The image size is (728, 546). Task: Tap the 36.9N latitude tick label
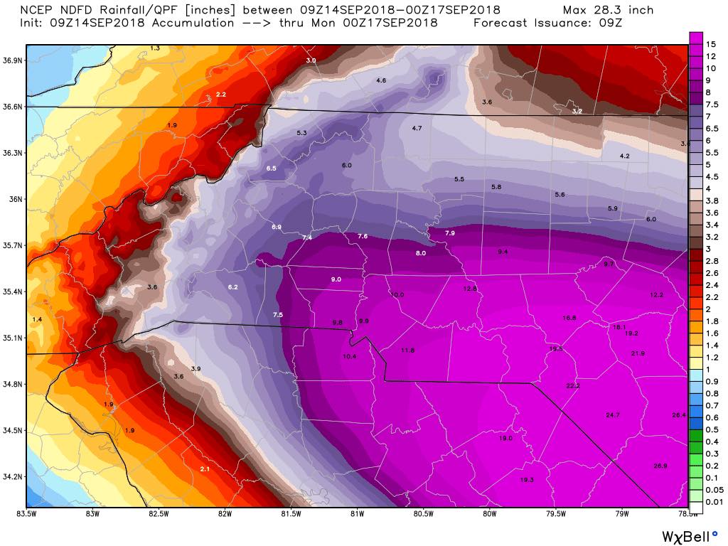tap(13, 60)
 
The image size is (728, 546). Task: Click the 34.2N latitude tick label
tap(13, 476)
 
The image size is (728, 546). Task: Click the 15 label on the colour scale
tap(710, 44)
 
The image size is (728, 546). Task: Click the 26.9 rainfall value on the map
tap(660, 466)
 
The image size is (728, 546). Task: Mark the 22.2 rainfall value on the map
tap(573, 385)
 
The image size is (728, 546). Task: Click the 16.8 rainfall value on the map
tap(569, 318)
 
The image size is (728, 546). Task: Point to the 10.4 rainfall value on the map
tap(349, 356)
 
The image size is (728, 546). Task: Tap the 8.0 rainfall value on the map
tap(420, 253)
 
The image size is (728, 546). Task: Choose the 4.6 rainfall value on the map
tap(380, 80)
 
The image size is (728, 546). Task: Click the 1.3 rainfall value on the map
tap(155, 48)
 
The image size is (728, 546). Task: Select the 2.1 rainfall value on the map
tap(204, 469)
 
